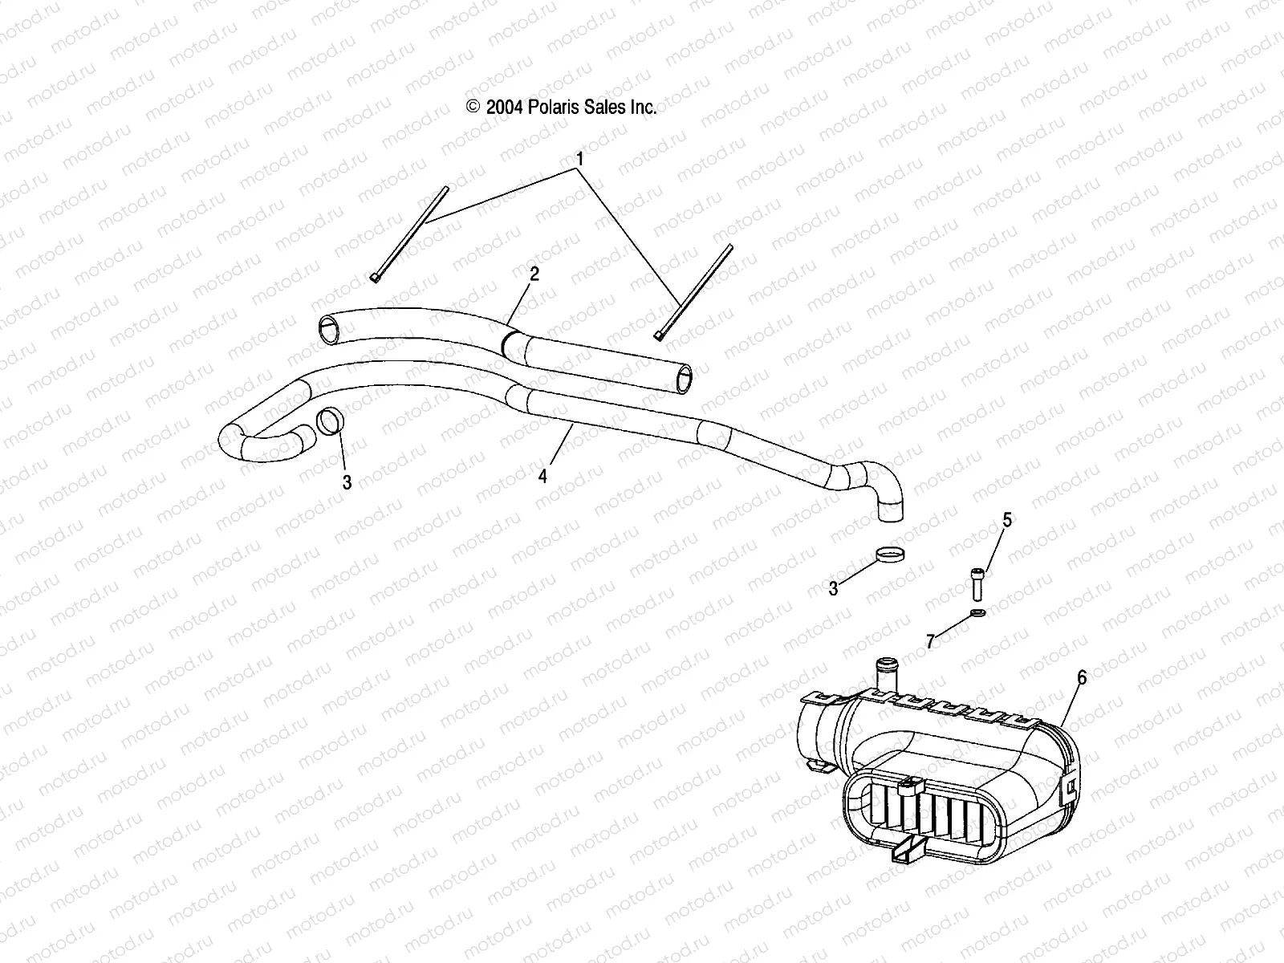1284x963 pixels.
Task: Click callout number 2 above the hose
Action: [534, 274]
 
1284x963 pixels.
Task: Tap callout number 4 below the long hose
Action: [543, 476]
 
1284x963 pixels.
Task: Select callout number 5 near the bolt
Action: [1006, 520]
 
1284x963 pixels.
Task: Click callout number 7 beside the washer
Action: [931, 641]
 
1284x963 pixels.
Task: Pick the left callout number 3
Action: [347, 482]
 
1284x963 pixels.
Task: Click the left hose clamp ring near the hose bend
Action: [331, 421]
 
